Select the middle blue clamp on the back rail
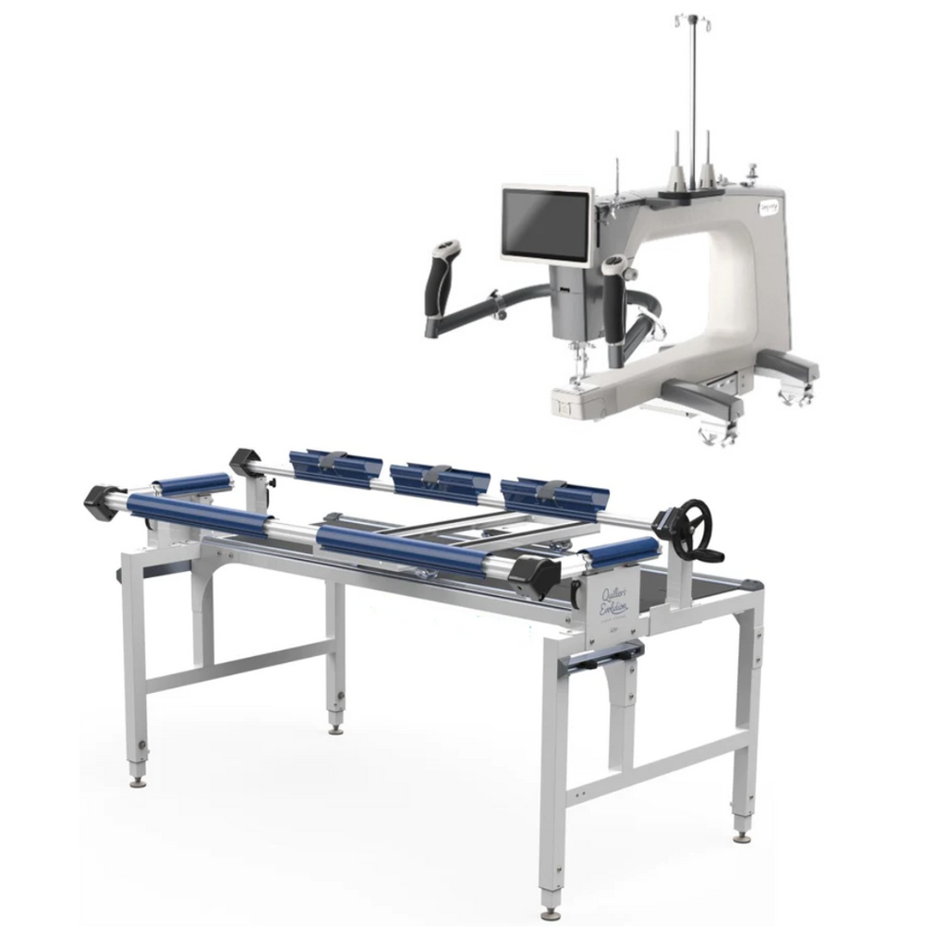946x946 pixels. tap(440, 481)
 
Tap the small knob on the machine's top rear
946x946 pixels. tap(752, 171)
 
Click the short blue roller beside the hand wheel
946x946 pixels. tap(622, 552)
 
